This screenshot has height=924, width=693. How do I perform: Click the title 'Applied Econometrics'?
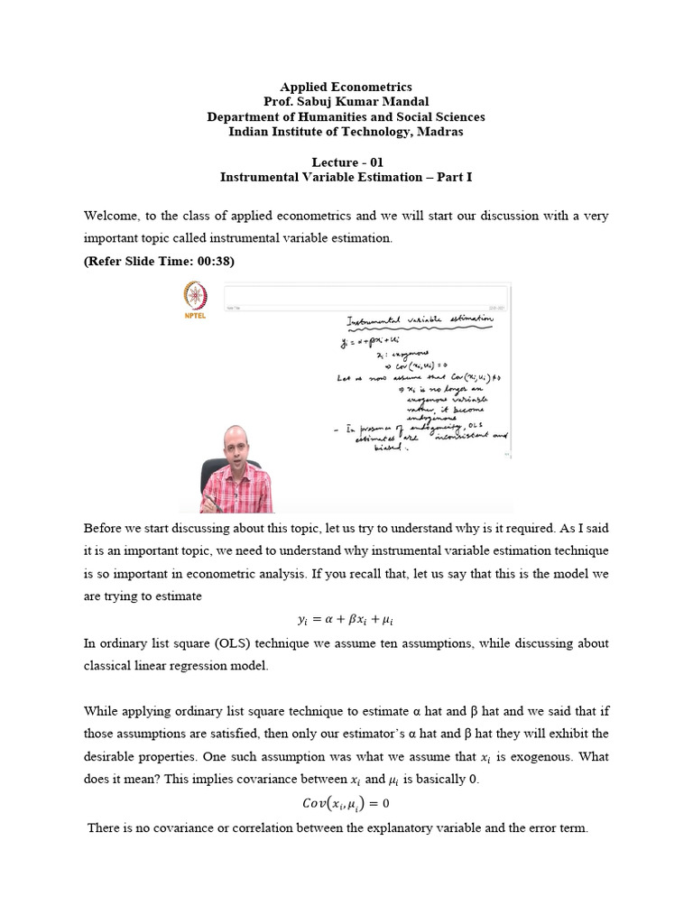tap(346, 87)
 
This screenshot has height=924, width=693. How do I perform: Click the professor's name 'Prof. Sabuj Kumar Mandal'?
tap(346, 102)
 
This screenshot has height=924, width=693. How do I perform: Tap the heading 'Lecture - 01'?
tap(346, 162)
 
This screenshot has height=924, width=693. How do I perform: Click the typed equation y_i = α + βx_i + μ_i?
tap(346, 620)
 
